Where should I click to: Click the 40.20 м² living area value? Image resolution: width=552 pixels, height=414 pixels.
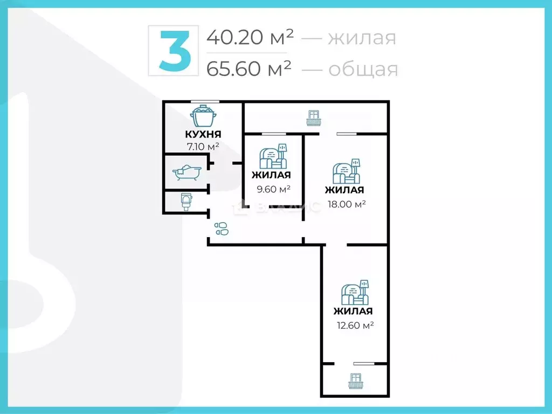click(x=250, y=37)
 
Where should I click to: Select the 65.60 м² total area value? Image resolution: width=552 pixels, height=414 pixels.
click(x=249, y=68)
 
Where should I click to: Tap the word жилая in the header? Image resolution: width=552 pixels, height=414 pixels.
click(x=362, y=38)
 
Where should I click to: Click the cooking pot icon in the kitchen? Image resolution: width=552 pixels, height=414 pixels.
click(x=203, y=116)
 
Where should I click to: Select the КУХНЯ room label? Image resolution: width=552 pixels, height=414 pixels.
click(x=203, y=134)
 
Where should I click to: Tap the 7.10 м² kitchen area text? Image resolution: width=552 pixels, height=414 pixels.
click(x=203, y=147)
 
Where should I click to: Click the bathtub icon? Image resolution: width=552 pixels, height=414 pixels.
click(x=187, y=172)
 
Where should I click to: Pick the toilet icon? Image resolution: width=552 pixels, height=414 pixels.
click(x=187, y=201)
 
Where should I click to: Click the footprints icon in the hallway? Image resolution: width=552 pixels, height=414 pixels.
click(x=222, y=229)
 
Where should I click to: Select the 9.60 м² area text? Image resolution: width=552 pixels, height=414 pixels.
click(x=273, y=189)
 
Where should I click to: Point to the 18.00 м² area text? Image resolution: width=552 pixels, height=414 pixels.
click(x=347, y=204)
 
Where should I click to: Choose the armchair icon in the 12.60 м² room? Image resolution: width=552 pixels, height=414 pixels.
click(x=355, y=293)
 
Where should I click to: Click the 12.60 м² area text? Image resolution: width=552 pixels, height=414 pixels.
click(x=354, y=325)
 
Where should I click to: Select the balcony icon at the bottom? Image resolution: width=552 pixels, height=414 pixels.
click(x=355, y=381)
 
